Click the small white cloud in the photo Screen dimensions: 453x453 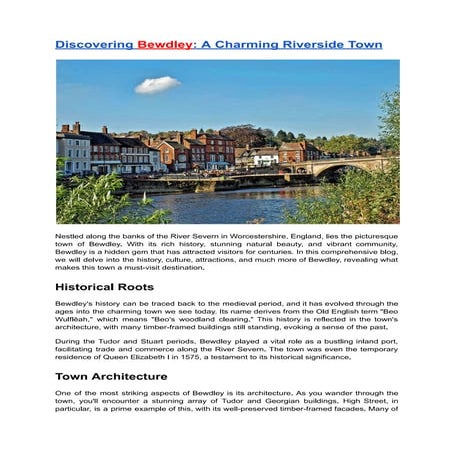coord(157,84)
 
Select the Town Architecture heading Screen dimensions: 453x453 coord(113,377)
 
